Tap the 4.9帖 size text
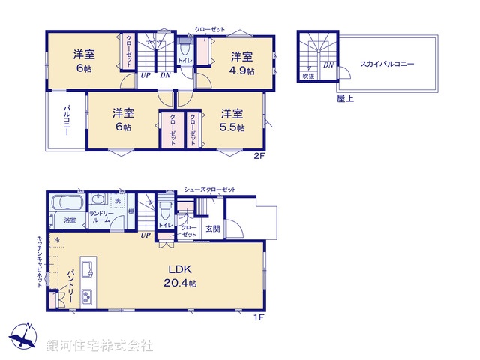point(241,71)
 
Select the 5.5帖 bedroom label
point(232,127)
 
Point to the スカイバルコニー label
point(387,64)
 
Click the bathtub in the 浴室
point(65,204)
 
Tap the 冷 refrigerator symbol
point(56,239)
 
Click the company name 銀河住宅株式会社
point(100,346)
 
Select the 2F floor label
point(259,156)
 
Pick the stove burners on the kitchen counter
point(86,295)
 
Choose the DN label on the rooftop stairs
point(328,65)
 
